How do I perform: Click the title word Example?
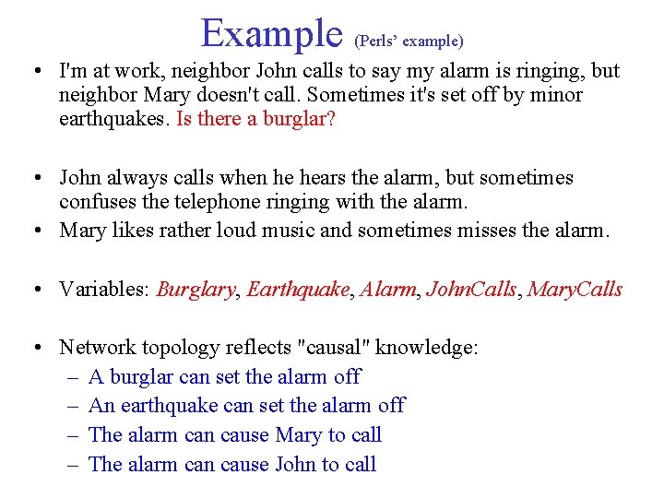271,33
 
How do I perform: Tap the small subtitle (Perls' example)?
409,41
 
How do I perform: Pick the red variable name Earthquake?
299,290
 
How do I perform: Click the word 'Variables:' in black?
104,290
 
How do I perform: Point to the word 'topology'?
177,348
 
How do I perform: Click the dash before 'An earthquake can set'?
74,406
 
